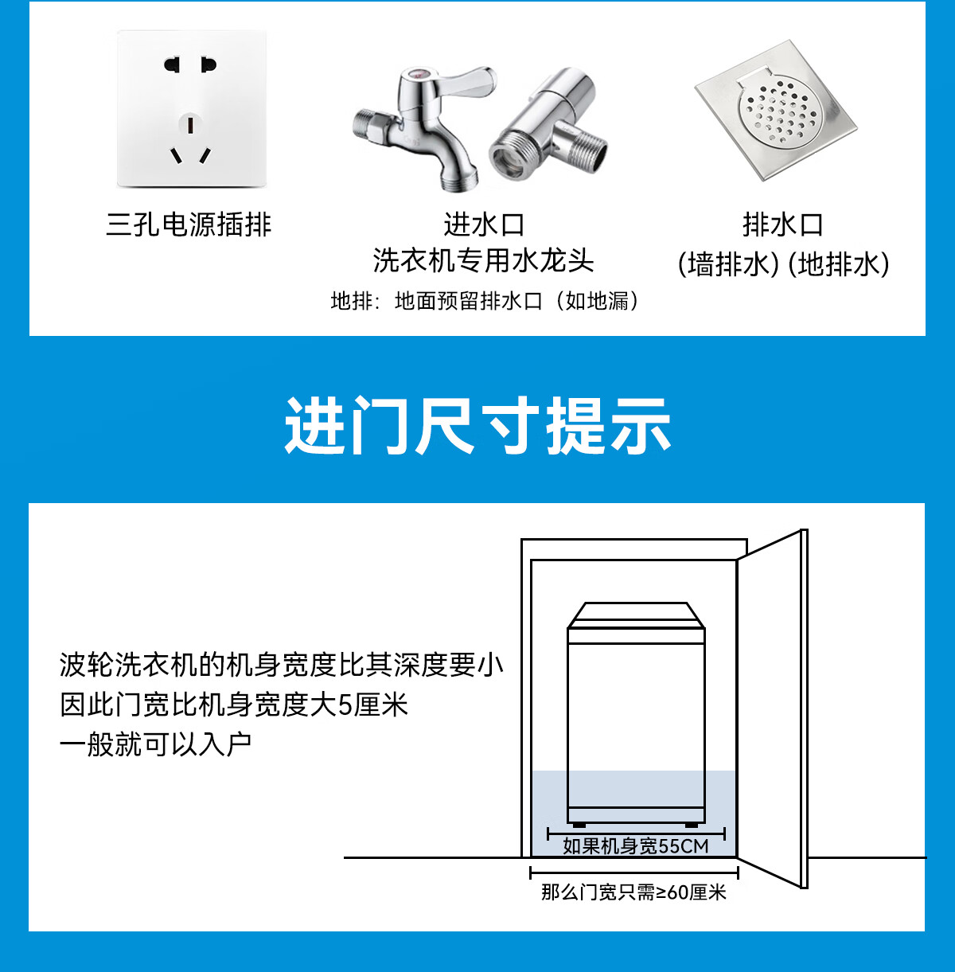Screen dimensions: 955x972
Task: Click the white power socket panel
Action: click(192, 108)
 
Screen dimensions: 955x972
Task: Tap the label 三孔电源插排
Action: click(189, 224)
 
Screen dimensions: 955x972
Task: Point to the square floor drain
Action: click(775, 111)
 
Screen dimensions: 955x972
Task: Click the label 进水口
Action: click(483, 224)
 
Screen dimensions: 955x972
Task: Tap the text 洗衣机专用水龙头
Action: click(483, 261)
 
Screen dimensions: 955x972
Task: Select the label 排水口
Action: click(782, 224)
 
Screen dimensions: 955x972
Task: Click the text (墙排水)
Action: click(728, 264)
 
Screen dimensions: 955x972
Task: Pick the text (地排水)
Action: click(838, 264)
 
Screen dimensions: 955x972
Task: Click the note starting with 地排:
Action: click(485, 301)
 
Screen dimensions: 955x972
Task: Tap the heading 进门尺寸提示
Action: click(477, 426)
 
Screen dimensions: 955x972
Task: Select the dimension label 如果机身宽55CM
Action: click(636, 846)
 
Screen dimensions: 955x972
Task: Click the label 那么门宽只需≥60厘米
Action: click(633, 892)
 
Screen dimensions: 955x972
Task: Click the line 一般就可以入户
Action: click(155, 744)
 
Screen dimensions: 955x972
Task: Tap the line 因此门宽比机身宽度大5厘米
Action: click(234, 705)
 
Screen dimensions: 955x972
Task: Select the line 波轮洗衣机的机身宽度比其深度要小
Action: click(282, 665)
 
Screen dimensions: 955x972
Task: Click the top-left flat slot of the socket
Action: click(172, 65)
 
